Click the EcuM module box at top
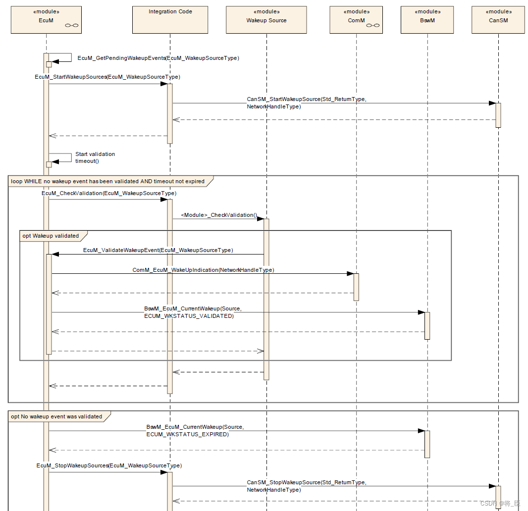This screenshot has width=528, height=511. pos(46,20)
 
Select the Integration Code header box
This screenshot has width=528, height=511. pos(170,20)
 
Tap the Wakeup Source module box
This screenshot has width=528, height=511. pos(266,20)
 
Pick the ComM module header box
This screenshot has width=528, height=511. pos(356,20)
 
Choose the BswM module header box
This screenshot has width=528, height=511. pos(427,20)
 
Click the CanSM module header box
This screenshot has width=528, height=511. pos(498,20)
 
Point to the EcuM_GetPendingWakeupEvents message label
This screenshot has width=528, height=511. pos(158,58)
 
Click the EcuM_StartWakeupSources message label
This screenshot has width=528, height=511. pos(107,77)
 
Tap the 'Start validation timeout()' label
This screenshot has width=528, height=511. pos(95,157)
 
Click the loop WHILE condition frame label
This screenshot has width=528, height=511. pos(108,181)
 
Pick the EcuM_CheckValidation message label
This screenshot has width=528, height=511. pos(109,193)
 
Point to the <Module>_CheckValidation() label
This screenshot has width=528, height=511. pos(219,215)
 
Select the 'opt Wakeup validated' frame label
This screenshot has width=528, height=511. pos(51,236)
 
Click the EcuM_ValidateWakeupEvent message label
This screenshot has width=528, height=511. pos(158,251)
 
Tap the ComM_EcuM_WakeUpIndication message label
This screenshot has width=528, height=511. pos(203,270)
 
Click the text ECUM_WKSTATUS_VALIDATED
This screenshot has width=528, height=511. pos(189,316)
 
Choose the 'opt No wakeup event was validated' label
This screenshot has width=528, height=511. pos(56,416)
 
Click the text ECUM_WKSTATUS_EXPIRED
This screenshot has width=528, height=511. pos(188,434)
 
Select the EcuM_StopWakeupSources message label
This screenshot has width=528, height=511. pos(109,466)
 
